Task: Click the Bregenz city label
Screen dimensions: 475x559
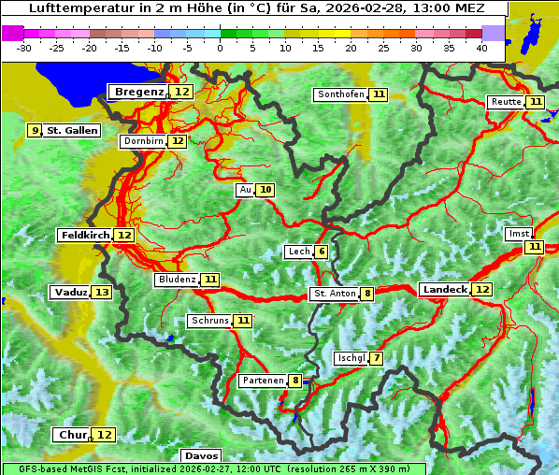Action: tap(140, 92)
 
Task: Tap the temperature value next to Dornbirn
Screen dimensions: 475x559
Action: tap(177, 141)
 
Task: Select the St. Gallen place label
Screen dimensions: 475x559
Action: tap(72, 131)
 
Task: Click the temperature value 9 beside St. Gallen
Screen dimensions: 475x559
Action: tap(36, 131)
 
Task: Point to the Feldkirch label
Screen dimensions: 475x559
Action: tap(85, 235)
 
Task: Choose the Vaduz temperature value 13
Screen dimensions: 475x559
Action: tap(102, 293)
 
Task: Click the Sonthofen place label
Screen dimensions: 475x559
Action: tap(340, 94)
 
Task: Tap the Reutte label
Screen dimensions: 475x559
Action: tap(505, 102)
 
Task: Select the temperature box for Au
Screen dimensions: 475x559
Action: tap(265, 190)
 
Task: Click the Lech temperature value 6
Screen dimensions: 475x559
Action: tap(321, 252)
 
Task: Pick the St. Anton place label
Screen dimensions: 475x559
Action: tap(335, 294)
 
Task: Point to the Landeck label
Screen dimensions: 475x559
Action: tap(444, 290)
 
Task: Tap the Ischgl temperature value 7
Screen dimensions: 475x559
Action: tap(376, 358)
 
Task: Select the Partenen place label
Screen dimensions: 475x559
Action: tap(262, 381)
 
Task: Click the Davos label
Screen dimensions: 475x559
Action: tap(201, 455)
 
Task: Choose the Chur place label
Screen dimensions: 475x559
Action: tap(72, 435)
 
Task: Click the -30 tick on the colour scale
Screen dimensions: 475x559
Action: tap(24, 48)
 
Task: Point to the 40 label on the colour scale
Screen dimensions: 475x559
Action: tap(481, 48)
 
